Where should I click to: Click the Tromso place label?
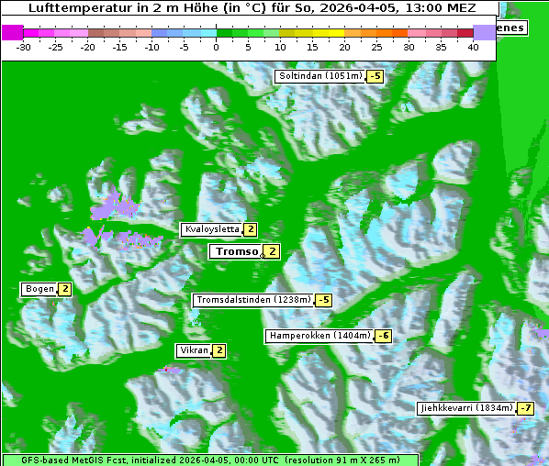pos(236,251)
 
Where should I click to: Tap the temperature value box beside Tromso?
pos(273,251)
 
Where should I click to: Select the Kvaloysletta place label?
pos(212,229)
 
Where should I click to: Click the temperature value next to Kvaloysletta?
pos(251,229)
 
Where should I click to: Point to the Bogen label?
pos(39,289)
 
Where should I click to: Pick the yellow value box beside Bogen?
pos(65,289)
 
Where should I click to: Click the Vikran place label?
pos(194,350)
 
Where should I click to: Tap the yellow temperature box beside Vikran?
pos(219,350)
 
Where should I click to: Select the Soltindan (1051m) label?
pos(319,76)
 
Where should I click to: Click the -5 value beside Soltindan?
pos(375,76)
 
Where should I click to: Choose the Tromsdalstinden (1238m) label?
pos(252,300)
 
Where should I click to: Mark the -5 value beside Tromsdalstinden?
pos(323,300)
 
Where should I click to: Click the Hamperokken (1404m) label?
pos(319,336)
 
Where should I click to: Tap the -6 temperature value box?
pos(384,336)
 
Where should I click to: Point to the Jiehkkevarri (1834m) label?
pos(465,407)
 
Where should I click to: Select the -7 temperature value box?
pos(525,407)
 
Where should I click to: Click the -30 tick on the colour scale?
pos(24,47)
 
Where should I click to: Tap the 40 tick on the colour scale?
pos(474,47)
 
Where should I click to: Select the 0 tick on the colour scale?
pos(217,47)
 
